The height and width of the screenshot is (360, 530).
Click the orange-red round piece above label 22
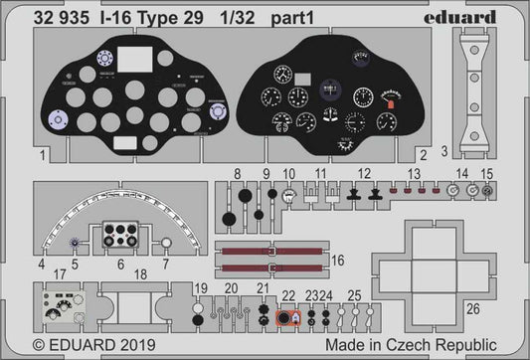tap(284, 318)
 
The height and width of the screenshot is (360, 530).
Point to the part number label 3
tap(443, 151)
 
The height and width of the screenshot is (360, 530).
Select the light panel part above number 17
tap(68, 310)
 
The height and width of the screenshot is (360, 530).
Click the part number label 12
tap(364, 173)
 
